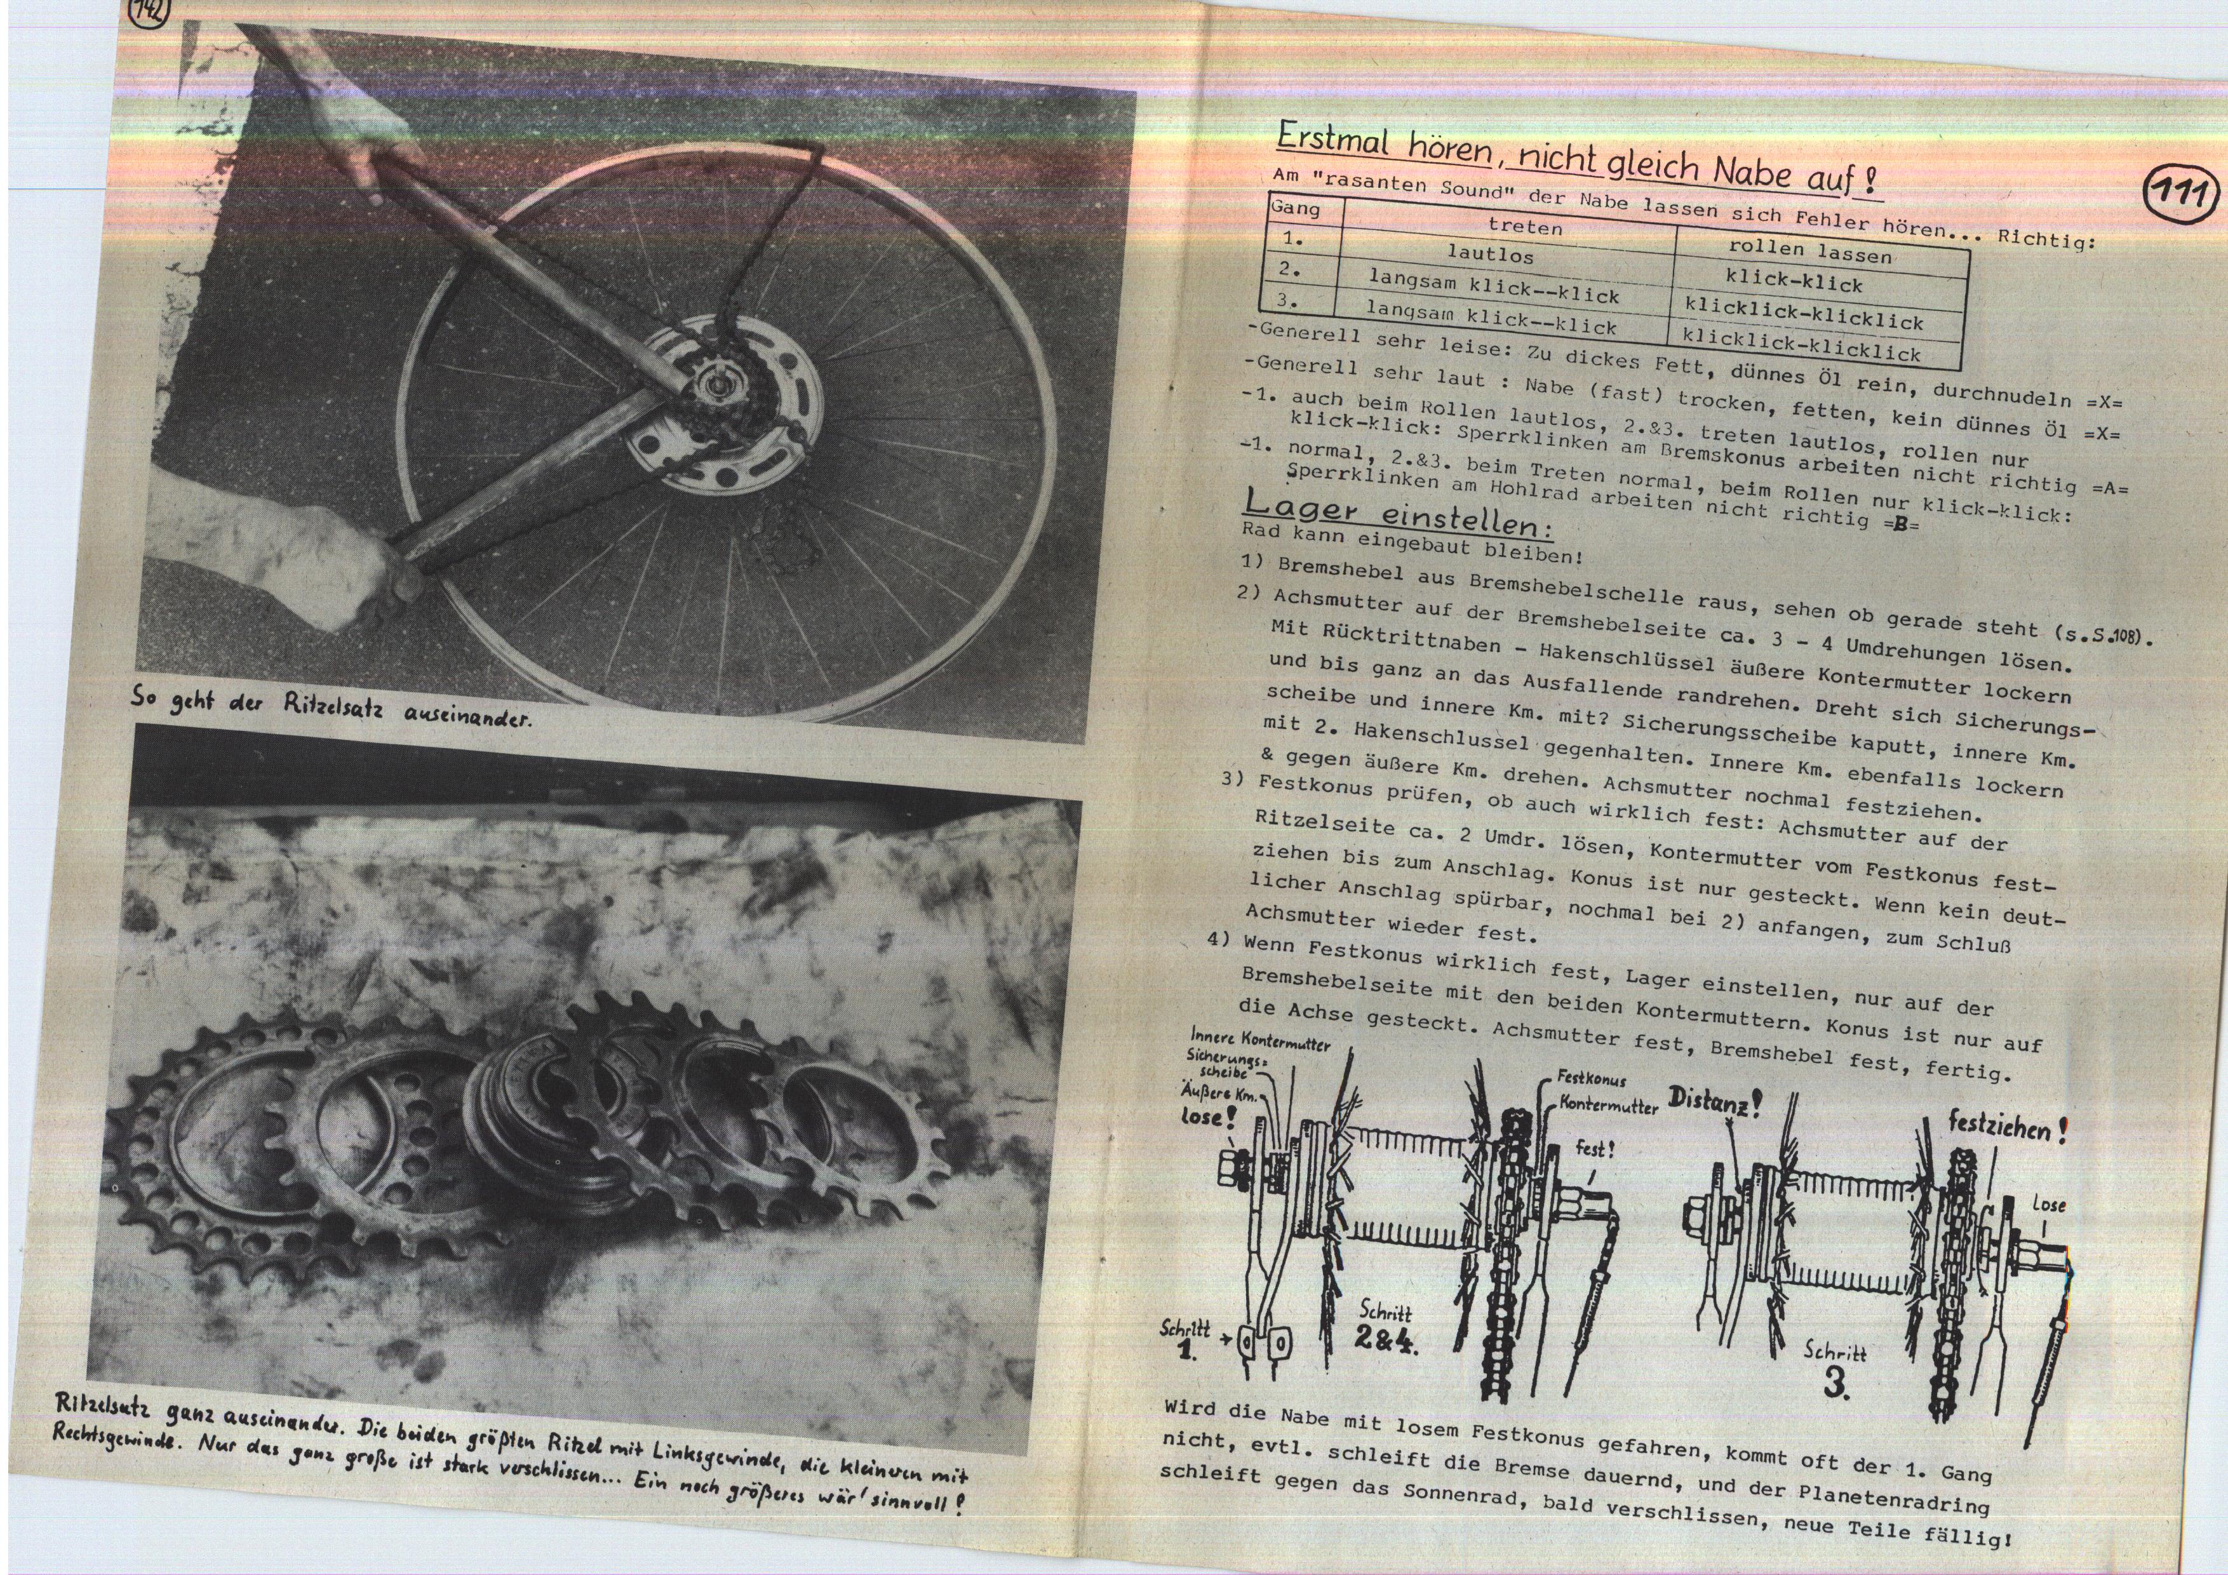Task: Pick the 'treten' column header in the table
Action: [x=1526, y=226]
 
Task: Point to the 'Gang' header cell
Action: [x=1296, y=208]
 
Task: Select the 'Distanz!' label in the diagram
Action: [x=1715, y=1099]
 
